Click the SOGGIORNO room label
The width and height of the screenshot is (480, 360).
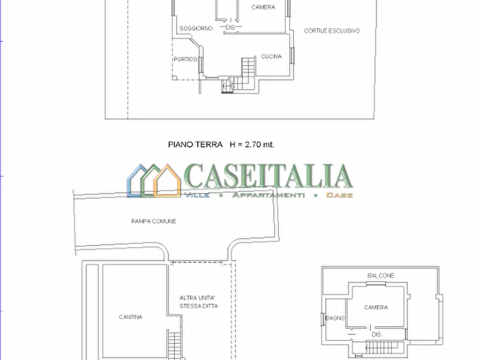coord(196,28)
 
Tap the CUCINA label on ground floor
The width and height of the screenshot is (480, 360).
coord(271,56)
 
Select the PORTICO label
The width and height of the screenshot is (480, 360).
coord(185,59)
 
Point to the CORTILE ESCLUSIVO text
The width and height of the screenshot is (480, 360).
coord(332,31)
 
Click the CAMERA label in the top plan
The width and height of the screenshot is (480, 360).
coord(263,8)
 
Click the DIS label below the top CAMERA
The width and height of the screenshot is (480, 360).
coord(231,27)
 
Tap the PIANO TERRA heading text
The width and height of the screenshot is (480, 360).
coord(195,144)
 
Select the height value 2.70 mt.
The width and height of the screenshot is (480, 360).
coord(259,144)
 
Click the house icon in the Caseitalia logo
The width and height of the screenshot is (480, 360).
coord(154,181)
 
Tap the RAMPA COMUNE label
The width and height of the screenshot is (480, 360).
coord(154,221)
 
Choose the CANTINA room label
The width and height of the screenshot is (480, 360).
coord(131,317)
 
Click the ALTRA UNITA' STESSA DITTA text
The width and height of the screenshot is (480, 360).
coord(198,302)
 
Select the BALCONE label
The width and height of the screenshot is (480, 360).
coord(381,276)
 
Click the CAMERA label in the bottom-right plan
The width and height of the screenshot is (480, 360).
coord(376,307)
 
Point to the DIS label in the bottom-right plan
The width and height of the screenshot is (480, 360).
coord(377,334)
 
